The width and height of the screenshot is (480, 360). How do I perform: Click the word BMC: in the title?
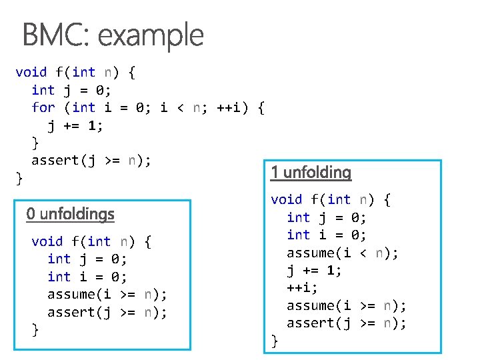(x=53, y=35)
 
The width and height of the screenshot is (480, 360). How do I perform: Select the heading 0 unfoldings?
(x=70, y=214)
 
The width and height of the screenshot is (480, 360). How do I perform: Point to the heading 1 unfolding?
(x=311, y=173)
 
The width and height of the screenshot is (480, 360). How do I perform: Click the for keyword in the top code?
(x=43, y=107)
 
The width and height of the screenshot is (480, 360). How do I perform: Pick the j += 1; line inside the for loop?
(x=75, y=125)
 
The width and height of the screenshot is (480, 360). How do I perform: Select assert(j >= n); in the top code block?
(x=91, y=160)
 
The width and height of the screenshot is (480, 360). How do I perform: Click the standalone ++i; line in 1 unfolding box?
(x=302, y=288)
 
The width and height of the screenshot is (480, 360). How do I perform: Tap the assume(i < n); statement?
(x=343, y=253)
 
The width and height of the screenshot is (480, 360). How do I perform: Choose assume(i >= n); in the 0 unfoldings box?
(x=107, y=295)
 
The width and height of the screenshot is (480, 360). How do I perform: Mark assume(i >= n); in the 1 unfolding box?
(x=346, y=305)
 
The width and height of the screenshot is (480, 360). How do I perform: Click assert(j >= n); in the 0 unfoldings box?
(x=107, y=312)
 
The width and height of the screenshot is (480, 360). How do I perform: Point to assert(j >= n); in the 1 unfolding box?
(x=346, y=323)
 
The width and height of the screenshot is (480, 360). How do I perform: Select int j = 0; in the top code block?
(x=71, y=90)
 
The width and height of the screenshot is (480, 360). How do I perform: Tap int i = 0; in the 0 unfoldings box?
(x=87, y=277)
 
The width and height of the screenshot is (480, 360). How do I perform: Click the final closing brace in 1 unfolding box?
(x=274, y=341)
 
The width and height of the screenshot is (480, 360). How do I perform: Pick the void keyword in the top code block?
(x=31, y=72)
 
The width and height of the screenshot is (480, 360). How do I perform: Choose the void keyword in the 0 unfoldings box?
(x=47, y=241)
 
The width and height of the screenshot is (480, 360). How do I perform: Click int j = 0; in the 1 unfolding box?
(x=327, y=217)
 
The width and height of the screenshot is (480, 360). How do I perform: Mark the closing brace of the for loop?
(x=35, y=142)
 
